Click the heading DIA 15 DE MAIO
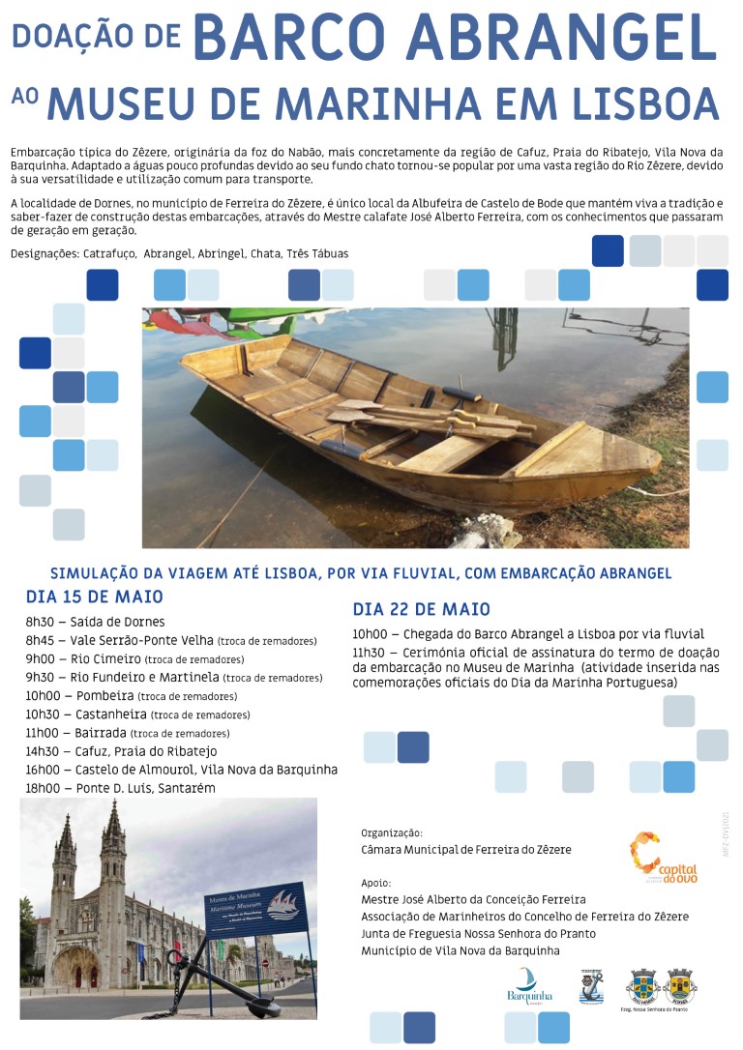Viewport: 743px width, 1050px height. coord(94,597)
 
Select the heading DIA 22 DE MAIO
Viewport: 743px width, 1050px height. coord(421,609)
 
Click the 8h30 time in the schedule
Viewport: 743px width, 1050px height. coord(42,622)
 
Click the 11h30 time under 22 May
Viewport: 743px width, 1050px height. coord(369,653)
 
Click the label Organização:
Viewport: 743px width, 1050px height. coord(391,832)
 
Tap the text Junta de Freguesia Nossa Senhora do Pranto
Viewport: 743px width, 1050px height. coord(478,933)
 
